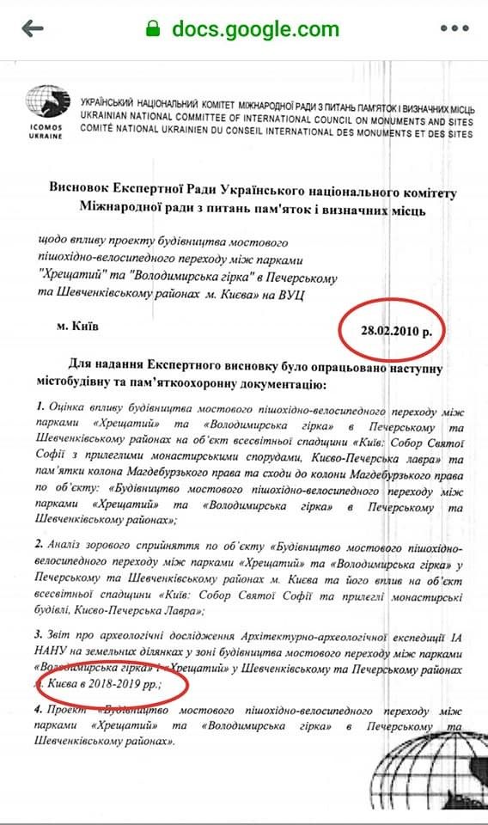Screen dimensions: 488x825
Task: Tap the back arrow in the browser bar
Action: pyautogui.click(x=33, y=28)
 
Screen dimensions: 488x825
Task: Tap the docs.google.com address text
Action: pyautogui.click(x=255, y=28)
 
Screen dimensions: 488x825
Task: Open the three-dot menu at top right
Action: pyautogui.click(x=454, y=28)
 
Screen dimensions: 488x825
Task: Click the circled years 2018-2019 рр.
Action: pyautogui.click(x=130, y=687)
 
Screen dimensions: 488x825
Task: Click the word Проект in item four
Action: pyautogui.click(x=76, y=712)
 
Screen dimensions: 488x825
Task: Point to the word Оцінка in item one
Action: pyautogui.click(x=73, y=406)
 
